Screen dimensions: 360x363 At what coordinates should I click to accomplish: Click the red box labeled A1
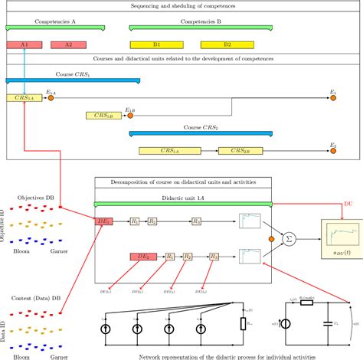point(24,45)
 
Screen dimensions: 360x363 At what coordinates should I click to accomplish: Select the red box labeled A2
point(68,45)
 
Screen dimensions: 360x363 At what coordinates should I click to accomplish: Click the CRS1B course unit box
point(103,116)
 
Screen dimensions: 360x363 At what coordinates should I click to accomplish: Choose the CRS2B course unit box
point(240,151)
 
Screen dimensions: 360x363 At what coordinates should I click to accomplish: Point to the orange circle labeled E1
point(332,98)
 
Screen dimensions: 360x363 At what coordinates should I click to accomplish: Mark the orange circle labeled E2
point(332,151)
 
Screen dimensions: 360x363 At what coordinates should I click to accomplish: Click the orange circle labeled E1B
point(129,116)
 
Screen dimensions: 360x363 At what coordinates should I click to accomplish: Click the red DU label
point(348,205)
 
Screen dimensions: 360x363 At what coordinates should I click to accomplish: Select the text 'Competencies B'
point(201,22)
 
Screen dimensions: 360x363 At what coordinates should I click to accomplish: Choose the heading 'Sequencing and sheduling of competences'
point(181,6)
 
